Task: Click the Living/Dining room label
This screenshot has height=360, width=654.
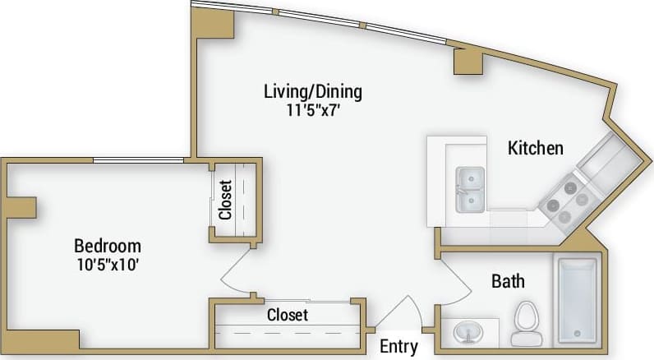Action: (x=312, y=90)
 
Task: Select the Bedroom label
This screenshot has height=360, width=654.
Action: (x=108, y=246)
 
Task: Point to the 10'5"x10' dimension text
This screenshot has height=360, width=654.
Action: (x=108, y=264)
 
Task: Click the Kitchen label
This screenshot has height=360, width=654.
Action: (x=536, y=148)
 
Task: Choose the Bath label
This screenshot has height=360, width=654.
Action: (x=508, y=282)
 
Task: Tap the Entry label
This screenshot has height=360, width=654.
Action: (x=399, y=347)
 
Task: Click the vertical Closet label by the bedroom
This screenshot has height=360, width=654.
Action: (x=226, y=200)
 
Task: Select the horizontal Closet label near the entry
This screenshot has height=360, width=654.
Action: (x=288, y=315)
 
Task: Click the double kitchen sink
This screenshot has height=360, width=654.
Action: (x=470, y=188)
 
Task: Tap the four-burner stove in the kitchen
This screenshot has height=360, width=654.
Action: (x=563, y=202)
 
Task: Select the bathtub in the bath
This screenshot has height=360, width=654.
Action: (x=577, y=300)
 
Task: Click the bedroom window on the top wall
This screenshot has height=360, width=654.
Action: (x=137, y=160)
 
